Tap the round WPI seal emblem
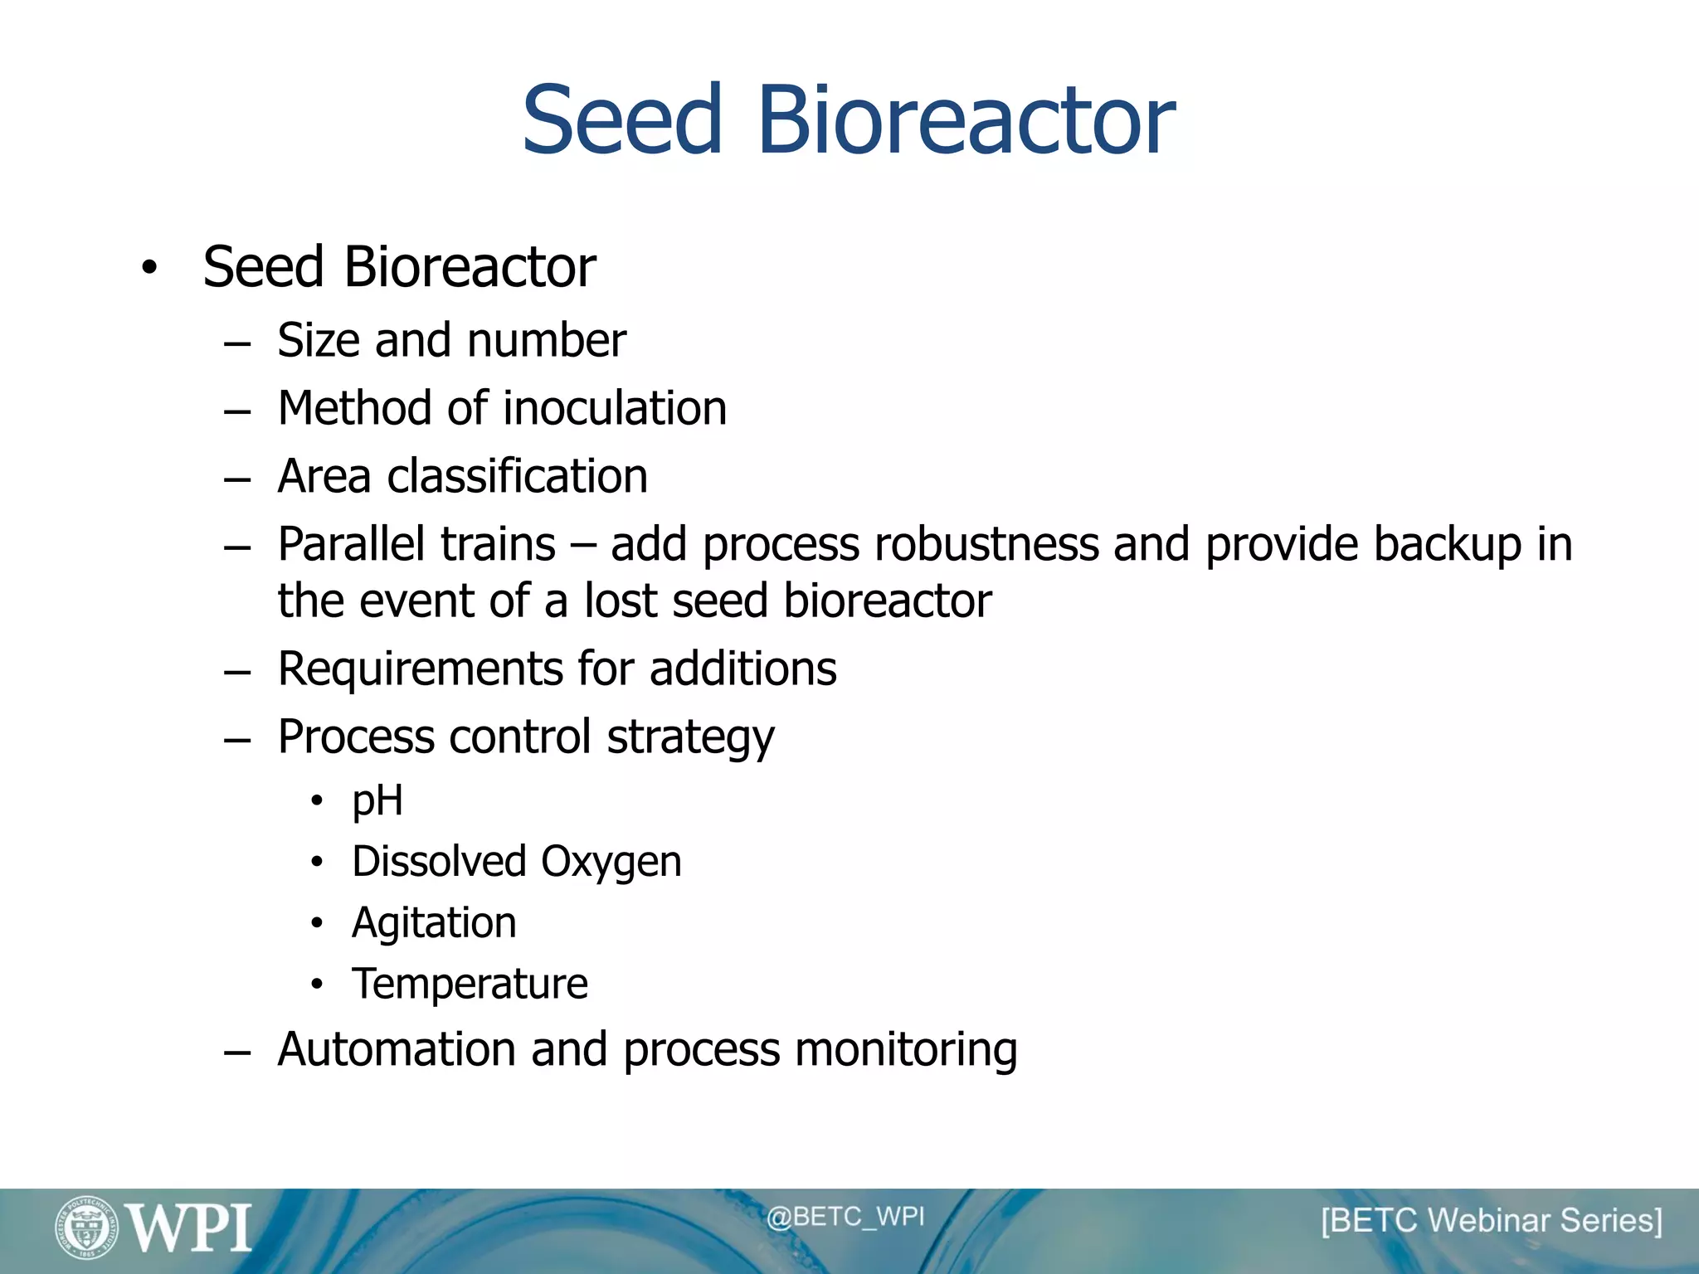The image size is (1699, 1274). (86, 1228)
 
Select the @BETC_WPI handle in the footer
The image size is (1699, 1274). (845, 1217)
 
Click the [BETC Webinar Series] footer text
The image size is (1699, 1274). (1492, 1221)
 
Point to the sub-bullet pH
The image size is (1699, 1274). (377, 801)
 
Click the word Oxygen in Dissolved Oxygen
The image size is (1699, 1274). (611, 863)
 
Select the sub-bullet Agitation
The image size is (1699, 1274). (434, 923)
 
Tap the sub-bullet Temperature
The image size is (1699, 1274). (470, 985)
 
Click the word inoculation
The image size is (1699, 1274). (615, 408)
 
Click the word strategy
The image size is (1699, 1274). (690, 738)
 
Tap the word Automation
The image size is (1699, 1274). (397, 1049)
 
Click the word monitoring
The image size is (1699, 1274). (905, 1051)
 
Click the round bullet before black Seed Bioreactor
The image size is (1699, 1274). (148, 268)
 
